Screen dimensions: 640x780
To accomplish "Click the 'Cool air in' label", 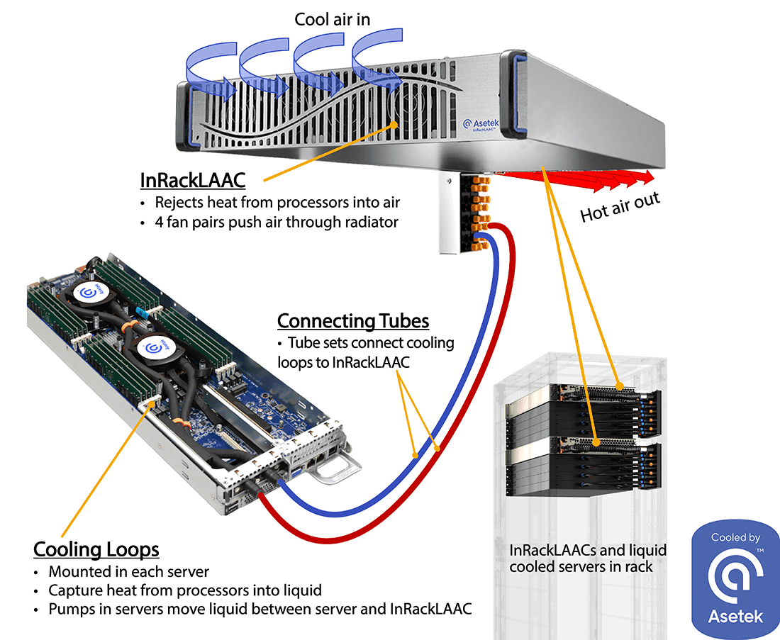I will click(x=332, y=18).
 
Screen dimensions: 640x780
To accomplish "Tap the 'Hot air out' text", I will click(x=620, y=206).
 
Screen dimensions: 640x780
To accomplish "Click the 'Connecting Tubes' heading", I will click(x=352, y=320).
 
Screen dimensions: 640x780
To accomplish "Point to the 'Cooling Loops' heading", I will click(x=96, y=549).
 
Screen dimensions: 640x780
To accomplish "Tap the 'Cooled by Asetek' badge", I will click(x=735, y=578).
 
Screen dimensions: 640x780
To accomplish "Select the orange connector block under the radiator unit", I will click(x=479, y=213).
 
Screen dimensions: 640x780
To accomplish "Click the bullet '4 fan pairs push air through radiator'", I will click(x=277, y=222).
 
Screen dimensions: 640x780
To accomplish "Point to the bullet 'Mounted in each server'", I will click(x=128, y=571).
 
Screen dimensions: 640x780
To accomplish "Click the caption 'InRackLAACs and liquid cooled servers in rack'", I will click(x=588, y=558).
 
